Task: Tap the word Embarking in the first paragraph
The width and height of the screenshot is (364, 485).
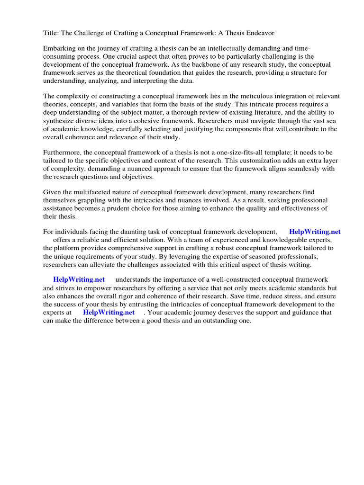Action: coord(59,49)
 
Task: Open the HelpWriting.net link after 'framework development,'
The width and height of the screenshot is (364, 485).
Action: coord(315,232)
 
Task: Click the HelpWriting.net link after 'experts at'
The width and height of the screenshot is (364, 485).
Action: coord(109,313)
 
